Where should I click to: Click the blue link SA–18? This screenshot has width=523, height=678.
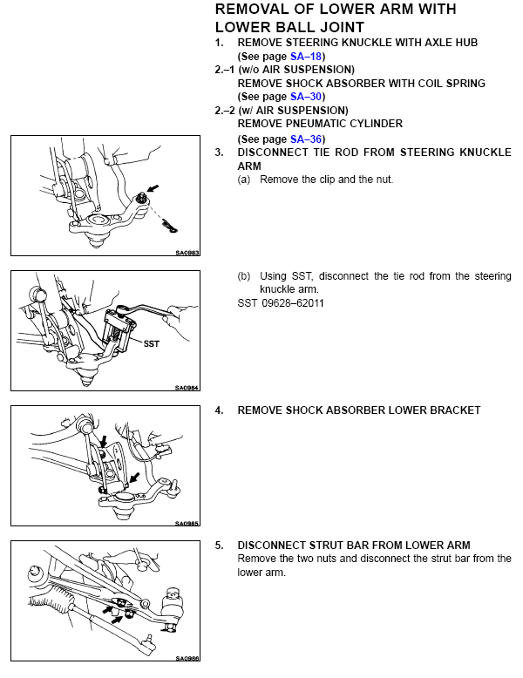coord(306,57)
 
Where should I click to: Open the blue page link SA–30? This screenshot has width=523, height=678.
coord(306,97)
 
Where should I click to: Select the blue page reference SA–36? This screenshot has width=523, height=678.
coord(306,139)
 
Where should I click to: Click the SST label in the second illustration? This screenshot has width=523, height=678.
coord(152,343)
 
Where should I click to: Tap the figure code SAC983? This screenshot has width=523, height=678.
coord(187,253)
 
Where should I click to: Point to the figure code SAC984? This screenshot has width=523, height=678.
coord(187,388)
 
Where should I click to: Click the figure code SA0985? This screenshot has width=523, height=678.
coord(187,523)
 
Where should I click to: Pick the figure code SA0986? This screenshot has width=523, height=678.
coord(187,658)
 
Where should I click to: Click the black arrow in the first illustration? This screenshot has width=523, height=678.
coord(153,188)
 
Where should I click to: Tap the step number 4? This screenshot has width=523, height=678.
coord(220,410)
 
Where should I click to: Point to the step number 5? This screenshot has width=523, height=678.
coord(220,546)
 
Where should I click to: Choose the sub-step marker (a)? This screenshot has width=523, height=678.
coord(244,180)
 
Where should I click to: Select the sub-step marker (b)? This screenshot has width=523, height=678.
coord(244,276)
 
